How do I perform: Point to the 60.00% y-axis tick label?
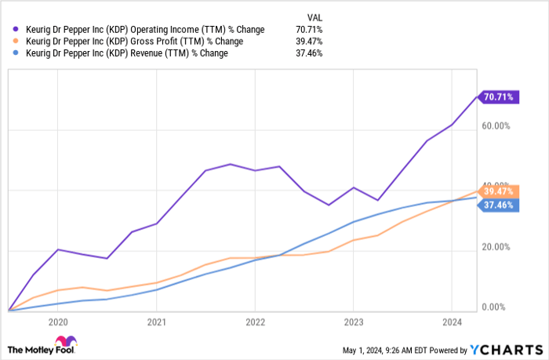pyautogui.click(x=496, y=125)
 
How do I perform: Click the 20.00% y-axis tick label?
pyautogui.click(x=496, y=247)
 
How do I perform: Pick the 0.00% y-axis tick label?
pyautogui.click(x=498, y=307)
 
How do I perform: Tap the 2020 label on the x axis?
pyautogui.click(x=57, y=322)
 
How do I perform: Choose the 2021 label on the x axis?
pyautogui.click(x=156, y=322)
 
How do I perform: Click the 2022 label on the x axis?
pyautogui.click(x=255, y=322)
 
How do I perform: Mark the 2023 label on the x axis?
pyautogui.click(x=353, y=322)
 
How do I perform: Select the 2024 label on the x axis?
pyautogui.click(x=452, y=322)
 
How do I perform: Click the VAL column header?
pyautogui.click(x=314, y=16)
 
